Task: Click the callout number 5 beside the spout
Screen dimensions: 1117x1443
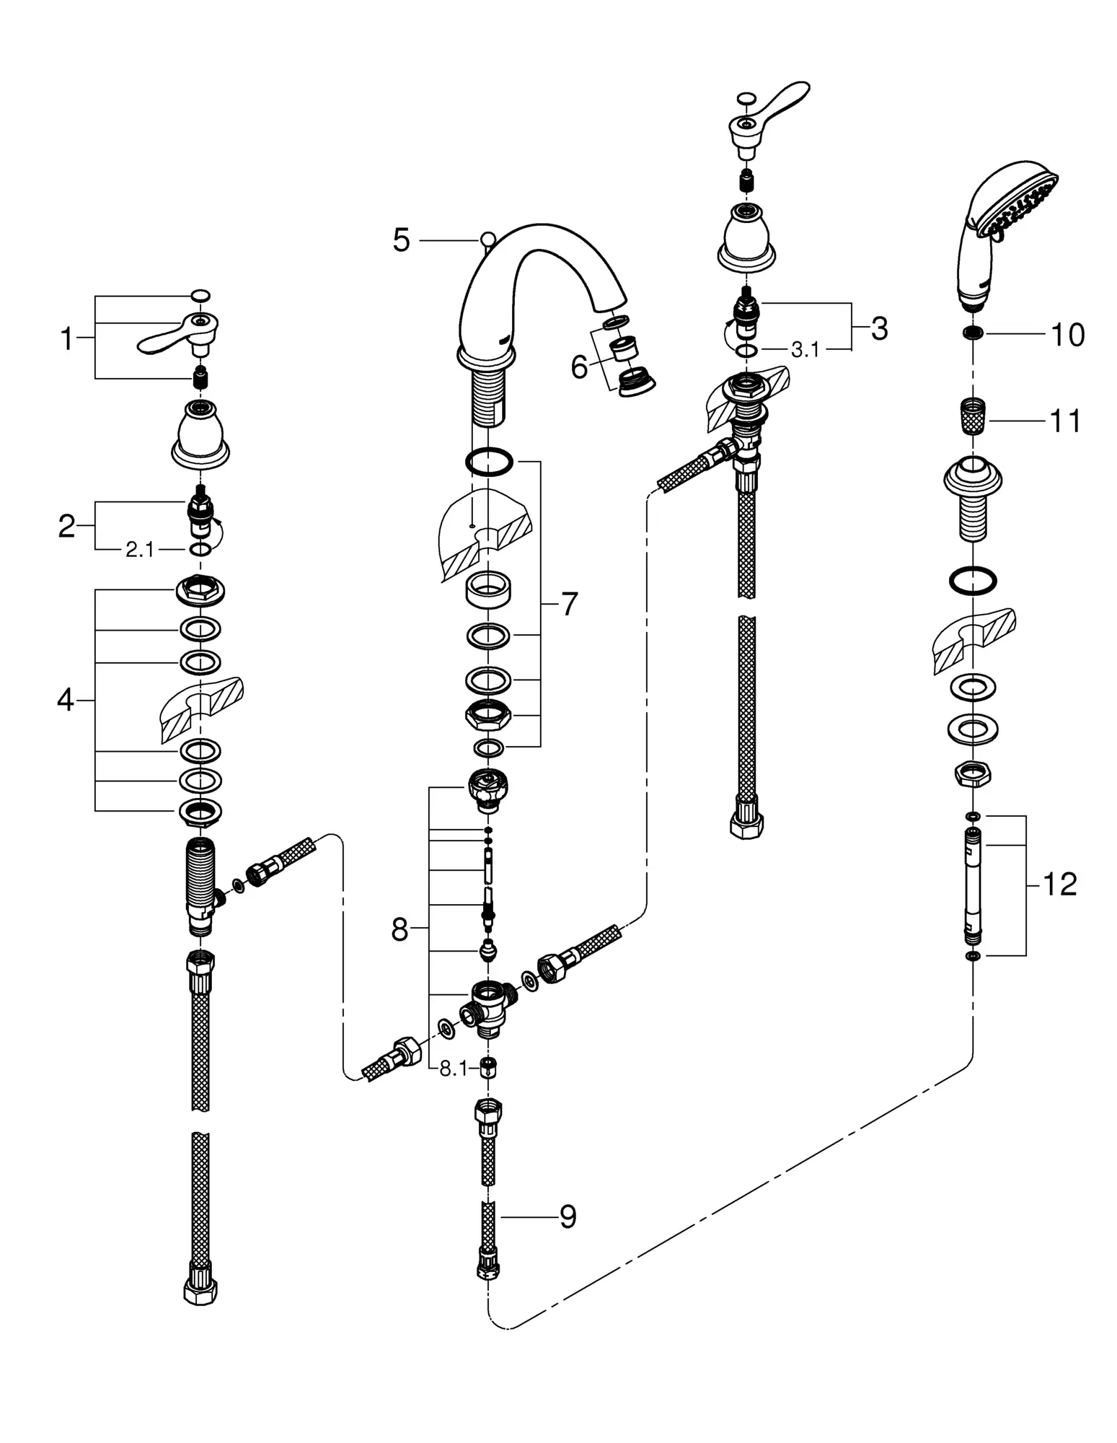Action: point(401,240)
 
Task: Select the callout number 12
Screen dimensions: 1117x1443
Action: point(1059,884)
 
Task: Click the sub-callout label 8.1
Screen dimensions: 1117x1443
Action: point(454,1069)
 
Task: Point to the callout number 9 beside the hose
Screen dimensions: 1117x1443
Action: point(568,1217)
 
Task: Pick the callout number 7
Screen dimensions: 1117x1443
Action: point(570,605)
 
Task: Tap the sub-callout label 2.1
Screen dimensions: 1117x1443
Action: point(140,550)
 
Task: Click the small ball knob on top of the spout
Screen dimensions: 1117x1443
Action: point(488,238)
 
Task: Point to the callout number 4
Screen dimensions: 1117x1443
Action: point(66,700)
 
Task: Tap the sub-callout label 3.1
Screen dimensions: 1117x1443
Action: point(805,350)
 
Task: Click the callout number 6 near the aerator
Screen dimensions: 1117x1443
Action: point(579,367)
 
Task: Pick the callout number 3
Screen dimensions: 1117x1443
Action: point(879,329)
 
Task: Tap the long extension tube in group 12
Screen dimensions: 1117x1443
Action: point(973,886)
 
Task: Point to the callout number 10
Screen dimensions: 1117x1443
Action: point(1068,335)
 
